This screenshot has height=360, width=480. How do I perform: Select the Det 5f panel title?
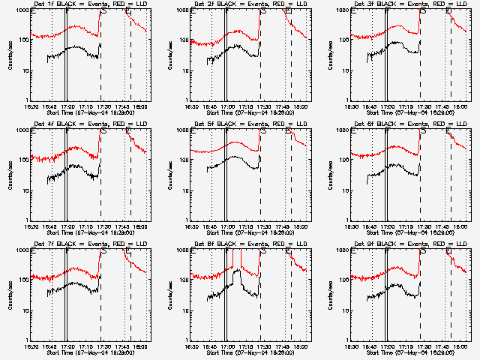point(247,124)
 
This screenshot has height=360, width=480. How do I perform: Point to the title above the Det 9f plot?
point(407,244)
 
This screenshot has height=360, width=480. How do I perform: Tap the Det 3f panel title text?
point(407,4)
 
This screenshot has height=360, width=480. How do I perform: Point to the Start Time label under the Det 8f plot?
point(247,352)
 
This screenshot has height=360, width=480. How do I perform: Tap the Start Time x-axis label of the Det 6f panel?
point(407,232)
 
